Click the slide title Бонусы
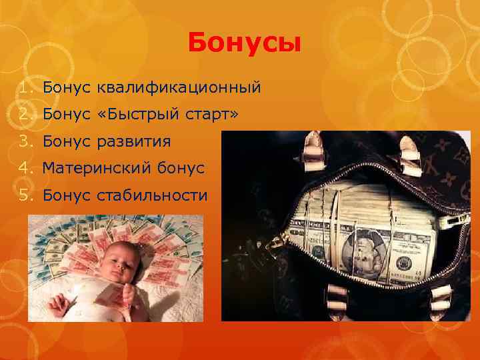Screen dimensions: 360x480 coord(245,43)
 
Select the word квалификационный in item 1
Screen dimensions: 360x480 coord(179,87)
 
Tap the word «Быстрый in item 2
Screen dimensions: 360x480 coord(137,115)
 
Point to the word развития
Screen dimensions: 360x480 coord(134,141)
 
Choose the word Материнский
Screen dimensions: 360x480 coord(97,169)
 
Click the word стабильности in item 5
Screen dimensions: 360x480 coord(153,195)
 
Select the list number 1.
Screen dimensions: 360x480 coord(25,87)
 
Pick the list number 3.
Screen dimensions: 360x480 coord(25,141)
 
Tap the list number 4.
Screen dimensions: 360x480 coord(25,169)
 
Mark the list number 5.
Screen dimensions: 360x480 coord(25,195)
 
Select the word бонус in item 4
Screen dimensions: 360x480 coord(181,169)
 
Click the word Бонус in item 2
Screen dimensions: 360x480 coord(66,115)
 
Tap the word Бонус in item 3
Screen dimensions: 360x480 coord(66,141)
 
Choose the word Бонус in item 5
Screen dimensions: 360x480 coord(66,195)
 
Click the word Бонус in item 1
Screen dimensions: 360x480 coord(66,87)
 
